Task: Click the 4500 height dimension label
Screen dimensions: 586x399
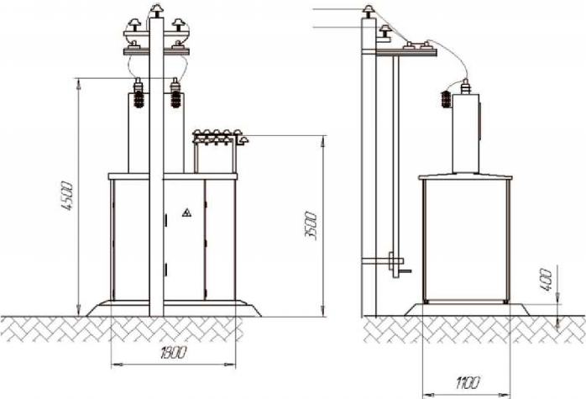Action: (68, 197)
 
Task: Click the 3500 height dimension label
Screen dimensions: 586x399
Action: (311, 225)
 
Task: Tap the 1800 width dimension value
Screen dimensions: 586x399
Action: (173, 353)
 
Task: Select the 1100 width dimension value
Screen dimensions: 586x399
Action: (467, 383)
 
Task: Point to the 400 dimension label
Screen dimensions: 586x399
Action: (546, 280)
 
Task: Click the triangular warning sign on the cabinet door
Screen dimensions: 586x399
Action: (187, 213)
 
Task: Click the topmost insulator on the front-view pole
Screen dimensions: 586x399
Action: (156, 10)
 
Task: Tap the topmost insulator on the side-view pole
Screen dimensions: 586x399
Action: (369, 11)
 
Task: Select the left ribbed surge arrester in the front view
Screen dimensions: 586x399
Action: (139, 93)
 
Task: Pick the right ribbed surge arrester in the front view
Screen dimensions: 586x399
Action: (175, 93)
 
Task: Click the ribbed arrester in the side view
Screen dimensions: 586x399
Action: (446, 99)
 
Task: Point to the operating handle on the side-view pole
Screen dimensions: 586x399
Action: (405, 270)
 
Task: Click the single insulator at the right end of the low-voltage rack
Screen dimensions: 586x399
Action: (243, 140)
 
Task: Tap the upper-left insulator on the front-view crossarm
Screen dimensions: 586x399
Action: (134, 24)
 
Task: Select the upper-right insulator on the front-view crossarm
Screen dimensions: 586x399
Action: (179, 24)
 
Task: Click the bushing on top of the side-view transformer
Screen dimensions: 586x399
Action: (465, 87)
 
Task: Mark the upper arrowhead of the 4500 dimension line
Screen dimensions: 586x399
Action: (79, 84)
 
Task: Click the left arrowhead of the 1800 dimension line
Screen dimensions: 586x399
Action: (118, 364)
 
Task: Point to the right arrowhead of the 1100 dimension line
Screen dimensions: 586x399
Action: (505, 395)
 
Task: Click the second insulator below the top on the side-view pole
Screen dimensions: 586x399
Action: (385, 30)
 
